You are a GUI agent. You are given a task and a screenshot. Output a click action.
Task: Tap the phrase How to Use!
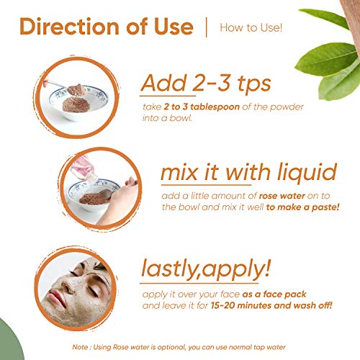coord(251,27)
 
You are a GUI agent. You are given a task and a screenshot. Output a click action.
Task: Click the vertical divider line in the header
coord(207,27)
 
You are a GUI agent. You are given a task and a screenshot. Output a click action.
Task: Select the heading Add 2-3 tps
coord(206,84)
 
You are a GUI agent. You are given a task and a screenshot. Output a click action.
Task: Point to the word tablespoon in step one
coord(215,107)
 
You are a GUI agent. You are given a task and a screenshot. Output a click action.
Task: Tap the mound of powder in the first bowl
coord(76,104)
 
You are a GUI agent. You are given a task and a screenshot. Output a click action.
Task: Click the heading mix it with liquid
coord(249,173)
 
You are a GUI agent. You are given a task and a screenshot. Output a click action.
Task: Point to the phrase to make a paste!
coord(303,207)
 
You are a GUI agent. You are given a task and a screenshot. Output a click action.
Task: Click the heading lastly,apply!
coord(206,269)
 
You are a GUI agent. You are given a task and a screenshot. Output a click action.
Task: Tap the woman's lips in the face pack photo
coord(57,298)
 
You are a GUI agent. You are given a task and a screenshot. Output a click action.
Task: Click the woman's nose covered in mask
coord(68,287)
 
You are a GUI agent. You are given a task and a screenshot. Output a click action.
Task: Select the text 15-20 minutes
coord(241,305)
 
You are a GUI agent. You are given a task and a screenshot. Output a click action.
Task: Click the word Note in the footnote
coord(80,347)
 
